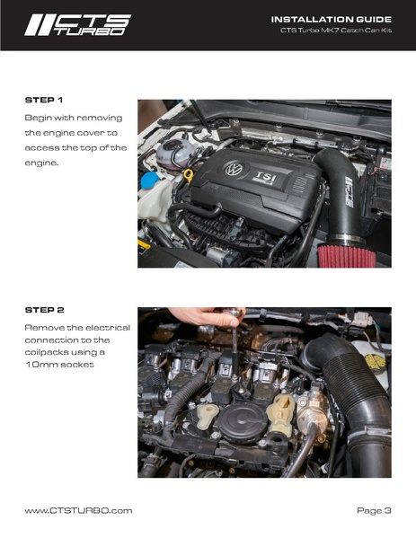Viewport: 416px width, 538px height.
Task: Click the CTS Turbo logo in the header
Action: [x=76, y=24]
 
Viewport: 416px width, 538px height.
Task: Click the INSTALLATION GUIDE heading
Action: [x=331, y=19]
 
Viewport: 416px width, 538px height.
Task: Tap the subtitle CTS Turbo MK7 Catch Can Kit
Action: [x=336, y=32]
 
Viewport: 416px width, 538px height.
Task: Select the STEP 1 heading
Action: [x=44, y=100]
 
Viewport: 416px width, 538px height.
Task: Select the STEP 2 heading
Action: [x=44, y=308]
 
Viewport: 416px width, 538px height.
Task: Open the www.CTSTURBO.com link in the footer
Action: [x=78, y=510]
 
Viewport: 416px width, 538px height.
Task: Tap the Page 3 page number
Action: [x=374, y=510]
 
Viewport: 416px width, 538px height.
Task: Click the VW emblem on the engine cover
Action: [x=234, y=168]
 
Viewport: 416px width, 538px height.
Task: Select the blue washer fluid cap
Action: [x=150, y=178]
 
